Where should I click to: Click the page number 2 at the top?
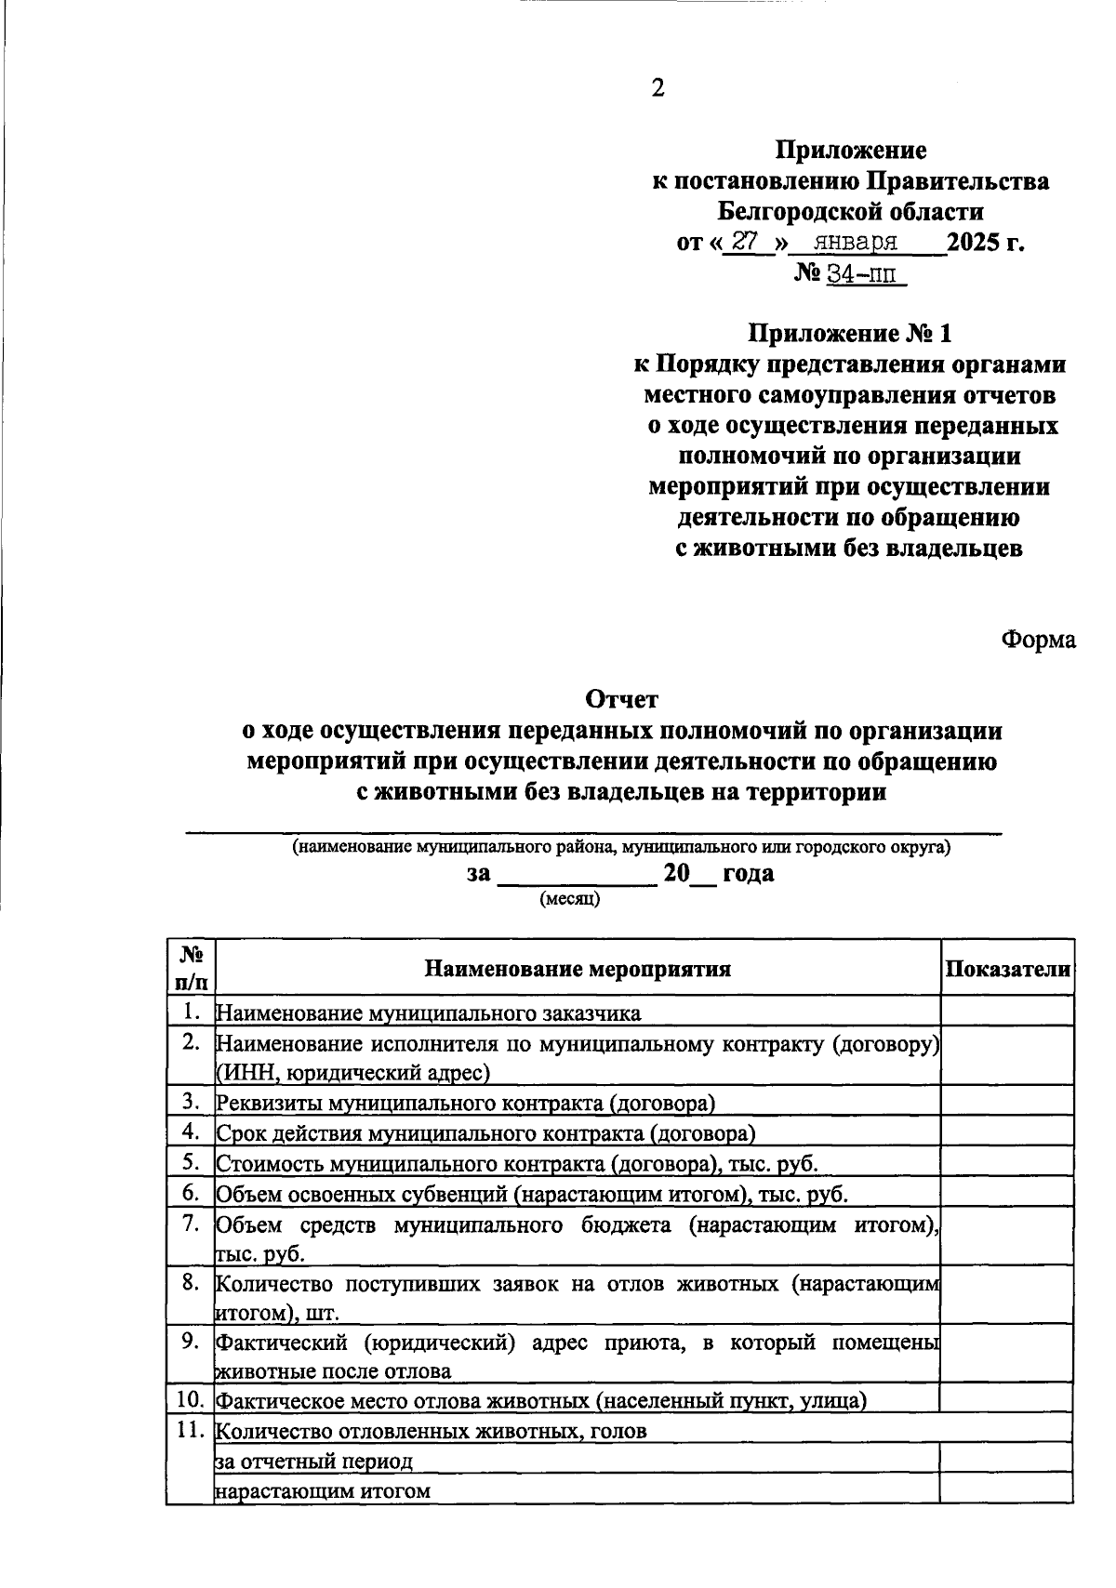658,88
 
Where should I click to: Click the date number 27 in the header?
744,242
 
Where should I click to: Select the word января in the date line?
855,243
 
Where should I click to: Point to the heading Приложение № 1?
851,333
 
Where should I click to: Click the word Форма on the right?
1038,640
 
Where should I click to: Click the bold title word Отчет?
621,698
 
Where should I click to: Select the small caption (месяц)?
570,899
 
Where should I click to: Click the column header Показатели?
1007,968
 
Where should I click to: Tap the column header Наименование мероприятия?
578,969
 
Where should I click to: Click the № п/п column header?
191,967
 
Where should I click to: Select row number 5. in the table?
191,1161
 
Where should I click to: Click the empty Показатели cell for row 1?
1007,1012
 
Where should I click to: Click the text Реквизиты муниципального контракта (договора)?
465,1104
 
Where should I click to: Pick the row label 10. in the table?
190,1399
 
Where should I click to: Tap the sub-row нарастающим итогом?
323,1491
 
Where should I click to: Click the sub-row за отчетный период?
313,1462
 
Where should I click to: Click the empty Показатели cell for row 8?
1007,1297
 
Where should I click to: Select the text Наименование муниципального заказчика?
428,1012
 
